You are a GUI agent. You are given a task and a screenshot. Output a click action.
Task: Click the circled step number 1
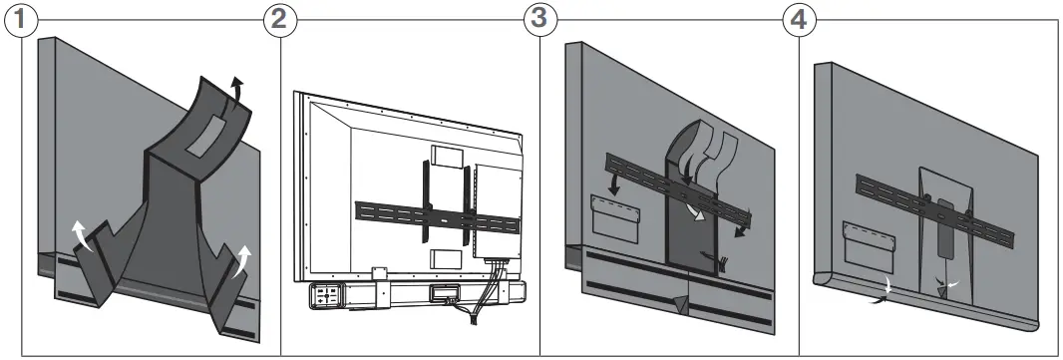(x=19, y=19)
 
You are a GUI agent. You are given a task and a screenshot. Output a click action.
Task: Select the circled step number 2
(x=279, y=19)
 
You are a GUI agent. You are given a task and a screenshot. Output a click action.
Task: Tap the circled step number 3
(x=539, y=19)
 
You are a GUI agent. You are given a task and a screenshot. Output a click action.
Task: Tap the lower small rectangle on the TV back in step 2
(x=445, y=258)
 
